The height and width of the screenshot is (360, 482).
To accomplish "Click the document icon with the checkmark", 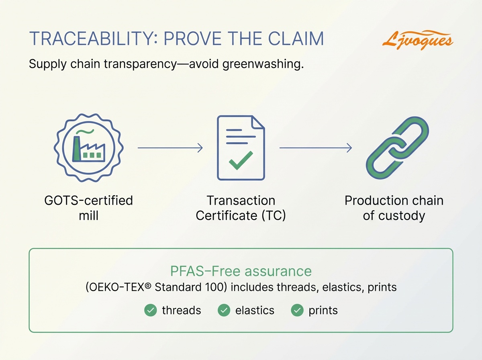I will pyautogui.click(x=241, y=147).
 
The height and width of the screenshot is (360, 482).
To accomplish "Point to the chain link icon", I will pyautogui.click(x=394, y=147).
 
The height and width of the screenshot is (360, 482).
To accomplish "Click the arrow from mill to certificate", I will pyautogui.click(x=170, y=148).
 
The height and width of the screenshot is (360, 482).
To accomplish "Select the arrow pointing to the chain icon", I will pyautogui.click(x=315, y=148).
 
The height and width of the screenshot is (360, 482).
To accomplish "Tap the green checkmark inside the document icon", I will pyautogui.click(x=241, y=160).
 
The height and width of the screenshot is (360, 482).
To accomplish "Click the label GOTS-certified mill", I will pyautogui.click(x=89, y=208).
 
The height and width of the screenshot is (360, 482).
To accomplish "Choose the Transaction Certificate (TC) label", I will pyautogui.click(x=241, y=208).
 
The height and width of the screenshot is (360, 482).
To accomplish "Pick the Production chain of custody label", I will pyautogui.click(x=394, y=208).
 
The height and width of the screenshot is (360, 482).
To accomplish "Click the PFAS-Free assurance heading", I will pyautogui.click(x=241, y=271).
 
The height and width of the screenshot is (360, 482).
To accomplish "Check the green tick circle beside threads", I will pyautogui.click(x=150, y=311).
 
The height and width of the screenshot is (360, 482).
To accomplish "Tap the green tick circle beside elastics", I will pyautogui.click(x=224, y=311).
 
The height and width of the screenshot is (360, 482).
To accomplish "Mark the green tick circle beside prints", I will pyautogui.click(x=297, y=311).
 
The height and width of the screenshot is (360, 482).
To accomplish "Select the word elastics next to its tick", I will pyautogui.click(x=255, y=311).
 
